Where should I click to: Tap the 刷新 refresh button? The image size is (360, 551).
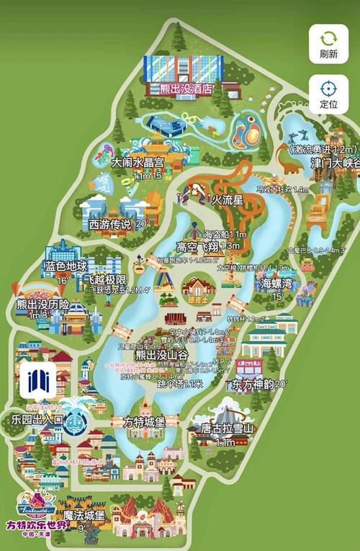(x=328, y=45)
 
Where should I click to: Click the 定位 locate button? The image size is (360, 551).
(x=328, y=94)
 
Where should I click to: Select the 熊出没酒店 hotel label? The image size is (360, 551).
(x=180, y=89)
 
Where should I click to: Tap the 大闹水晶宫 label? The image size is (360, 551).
(x=138, y=163)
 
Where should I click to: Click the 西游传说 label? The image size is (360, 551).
(x=109, y=224)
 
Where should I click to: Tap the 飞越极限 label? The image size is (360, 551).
(x=105, y=279)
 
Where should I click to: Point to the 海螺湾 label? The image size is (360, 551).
(x=276, y=283)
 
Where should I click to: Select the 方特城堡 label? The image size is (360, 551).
(x=145, y=421)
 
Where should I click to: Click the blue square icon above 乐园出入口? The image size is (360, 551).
(x=38, y=380)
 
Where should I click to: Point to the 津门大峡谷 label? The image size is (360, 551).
(x=333, y=163)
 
